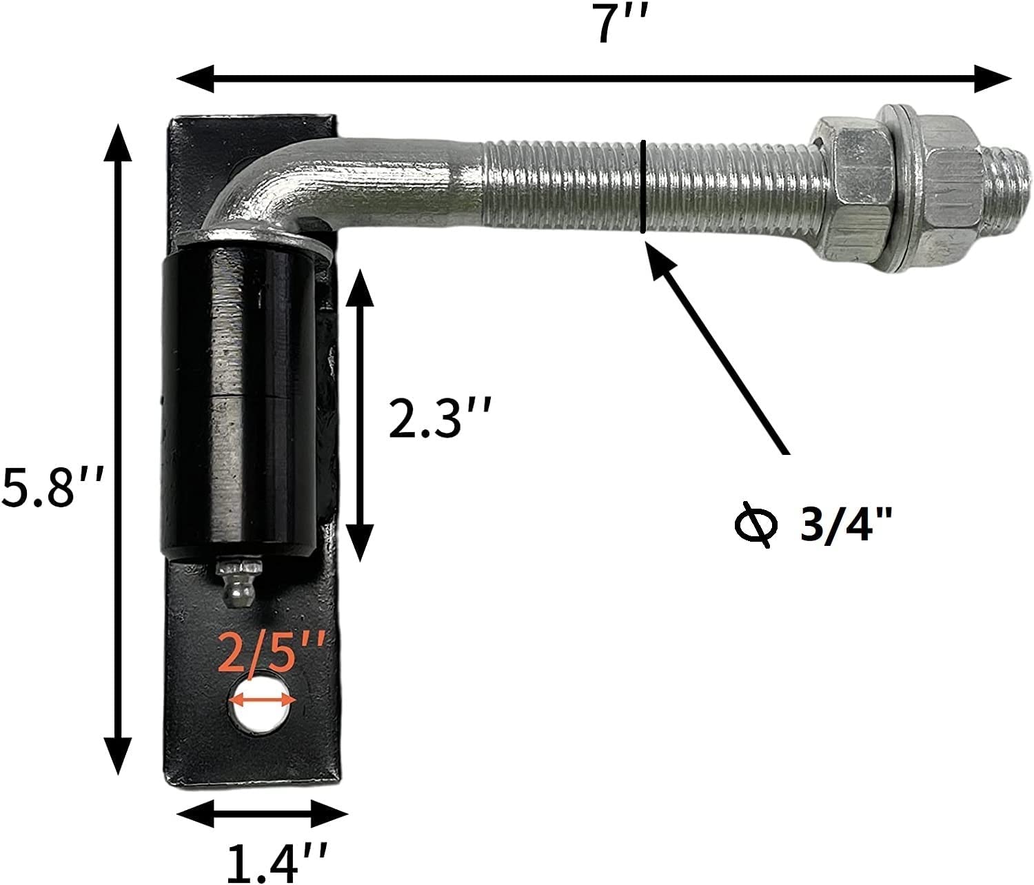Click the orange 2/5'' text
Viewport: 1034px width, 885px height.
tap(272, 653)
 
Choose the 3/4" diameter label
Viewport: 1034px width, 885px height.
tap(845, 527)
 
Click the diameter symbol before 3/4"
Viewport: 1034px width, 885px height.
tap(756, 527)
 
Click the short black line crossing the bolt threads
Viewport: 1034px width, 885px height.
tap(642, 186)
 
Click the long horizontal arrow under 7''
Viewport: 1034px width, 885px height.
tap(594, 77)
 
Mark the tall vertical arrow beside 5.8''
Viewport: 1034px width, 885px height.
tap(119, 448)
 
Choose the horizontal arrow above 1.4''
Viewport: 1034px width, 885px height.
tap(262, 813)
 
